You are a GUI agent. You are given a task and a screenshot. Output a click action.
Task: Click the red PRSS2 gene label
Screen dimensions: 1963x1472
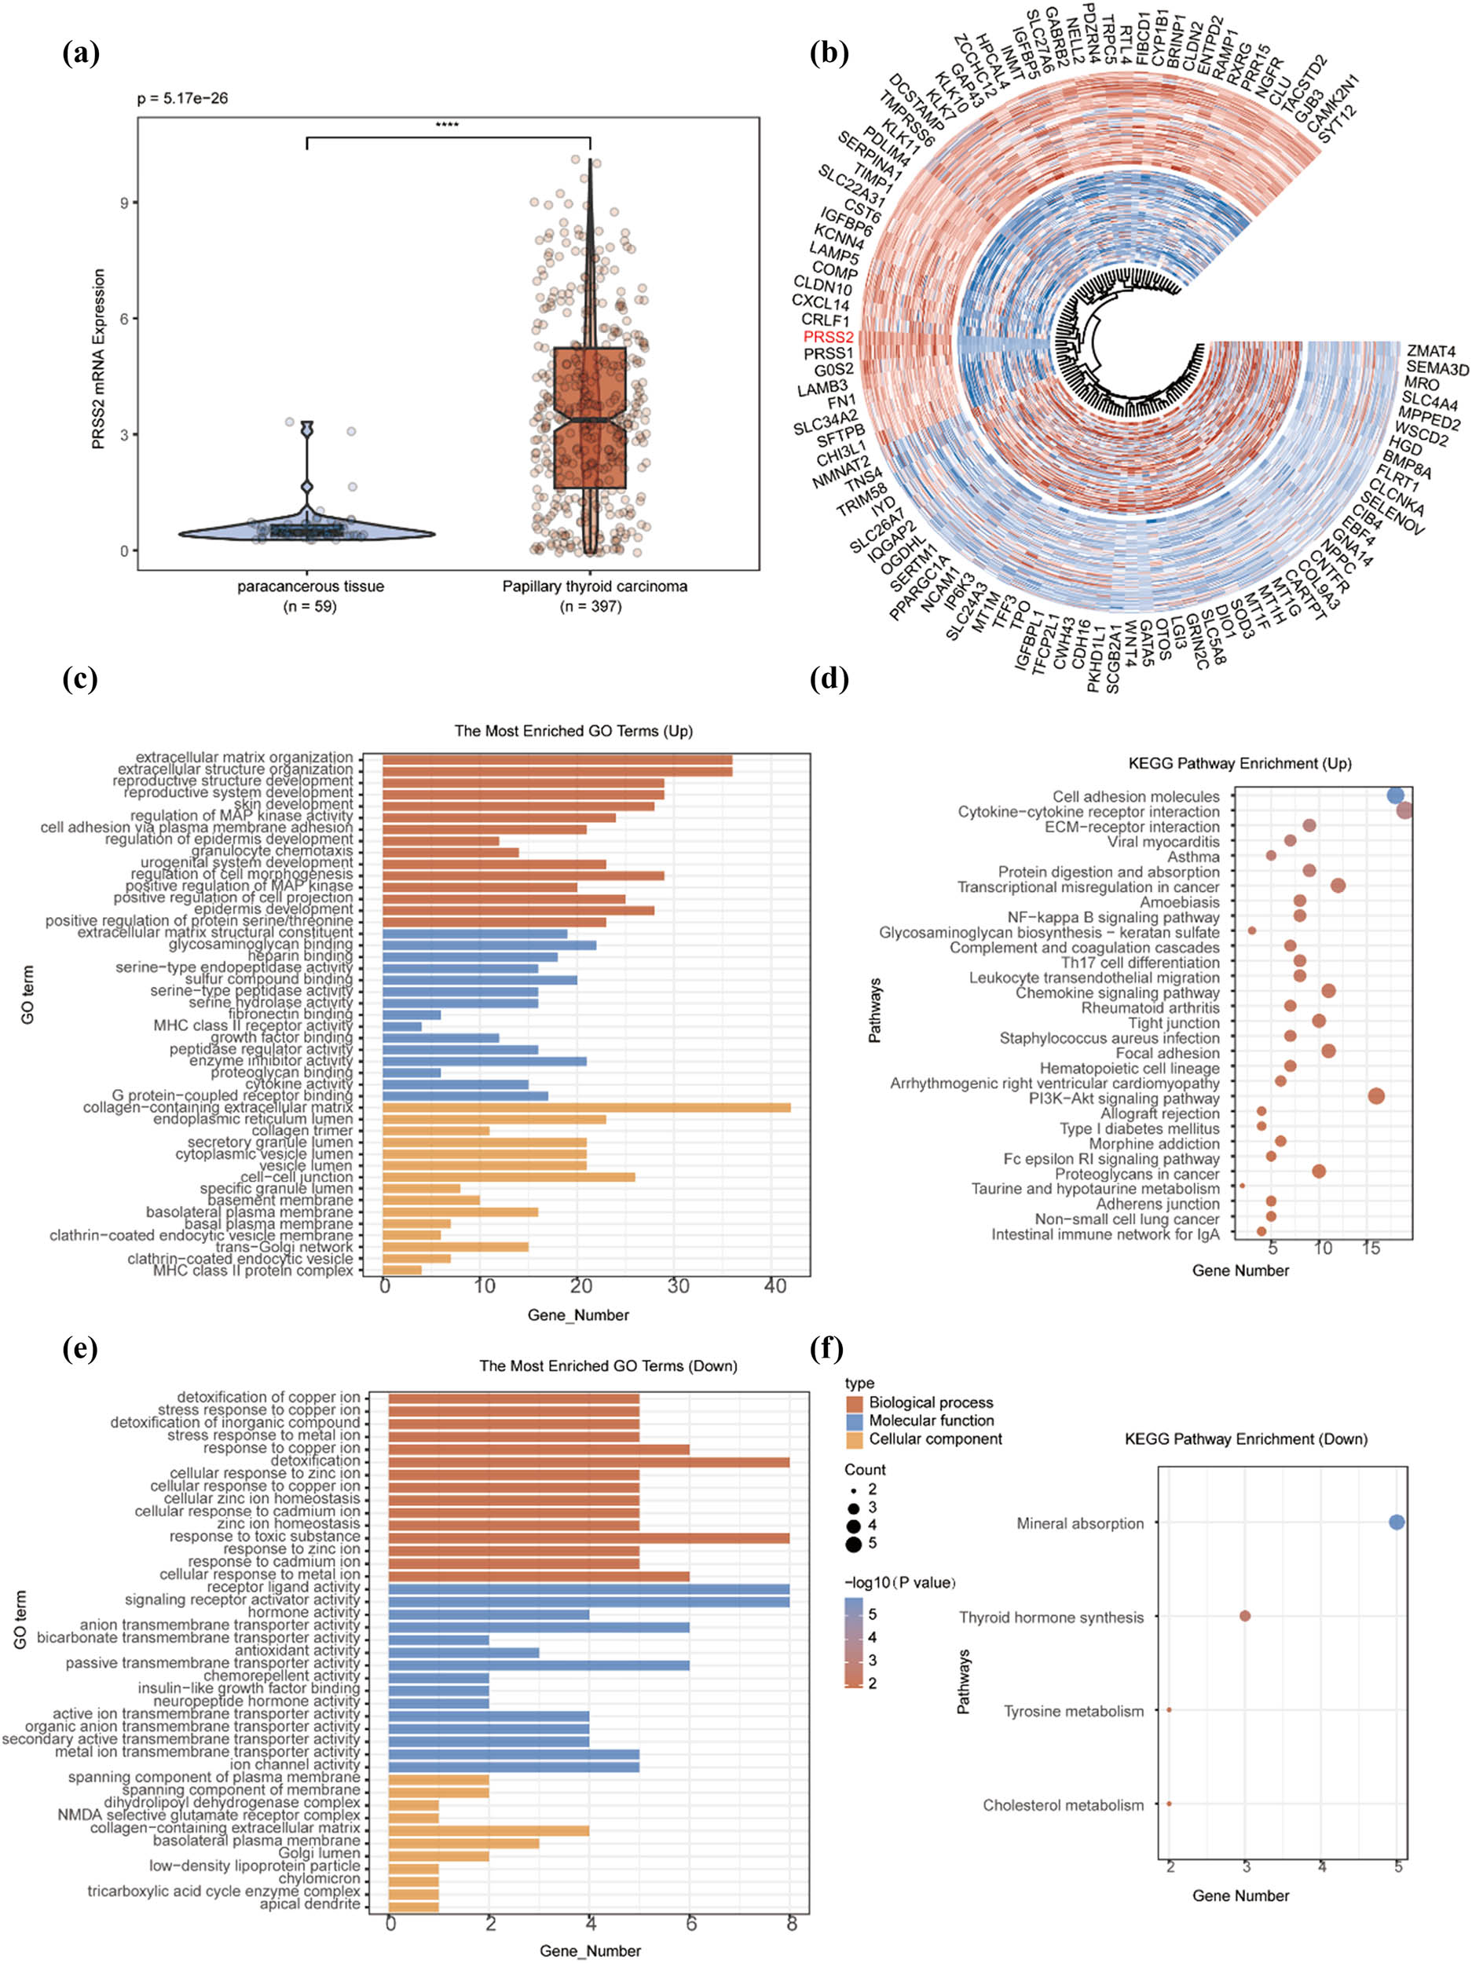(827, 337)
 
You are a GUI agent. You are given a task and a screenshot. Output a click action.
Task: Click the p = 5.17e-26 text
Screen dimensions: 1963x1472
(182, 98)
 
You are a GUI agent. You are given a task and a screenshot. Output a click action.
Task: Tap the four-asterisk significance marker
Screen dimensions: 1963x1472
(447, 125)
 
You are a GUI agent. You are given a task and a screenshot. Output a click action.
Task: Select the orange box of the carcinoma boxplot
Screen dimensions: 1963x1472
(591, 417)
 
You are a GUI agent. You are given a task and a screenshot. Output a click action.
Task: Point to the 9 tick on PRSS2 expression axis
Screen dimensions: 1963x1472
(123, 203)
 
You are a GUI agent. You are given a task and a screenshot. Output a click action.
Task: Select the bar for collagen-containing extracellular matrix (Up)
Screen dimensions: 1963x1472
(586, 1107)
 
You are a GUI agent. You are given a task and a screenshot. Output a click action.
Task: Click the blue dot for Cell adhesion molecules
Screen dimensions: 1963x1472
(1395, 795)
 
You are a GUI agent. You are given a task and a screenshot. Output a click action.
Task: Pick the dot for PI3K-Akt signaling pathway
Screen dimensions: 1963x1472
(1376, 1097)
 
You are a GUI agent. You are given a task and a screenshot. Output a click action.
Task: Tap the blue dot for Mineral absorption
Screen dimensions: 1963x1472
(1397, 1522)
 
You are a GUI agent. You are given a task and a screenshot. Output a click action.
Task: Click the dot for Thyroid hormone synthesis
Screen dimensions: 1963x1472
(1245, 1616)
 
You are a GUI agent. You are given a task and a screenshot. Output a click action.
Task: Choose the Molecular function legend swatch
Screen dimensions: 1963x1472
(855, 1420)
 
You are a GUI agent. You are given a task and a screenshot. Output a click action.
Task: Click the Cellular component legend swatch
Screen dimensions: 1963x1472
(855, 1439)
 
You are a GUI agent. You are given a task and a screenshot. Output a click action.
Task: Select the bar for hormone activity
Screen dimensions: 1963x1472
(489, 1613)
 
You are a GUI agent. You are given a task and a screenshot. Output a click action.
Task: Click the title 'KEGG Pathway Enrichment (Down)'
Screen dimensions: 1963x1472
(1246, 1438)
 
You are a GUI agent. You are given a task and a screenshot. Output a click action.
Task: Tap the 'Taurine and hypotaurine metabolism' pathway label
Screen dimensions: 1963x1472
(1095, 1188)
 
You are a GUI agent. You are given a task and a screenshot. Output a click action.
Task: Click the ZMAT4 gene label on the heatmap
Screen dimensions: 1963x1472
(1430, 352)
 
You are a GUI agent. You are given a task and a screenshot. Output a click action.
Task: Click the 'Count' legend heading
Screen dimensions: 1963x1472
(865, 1470)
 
